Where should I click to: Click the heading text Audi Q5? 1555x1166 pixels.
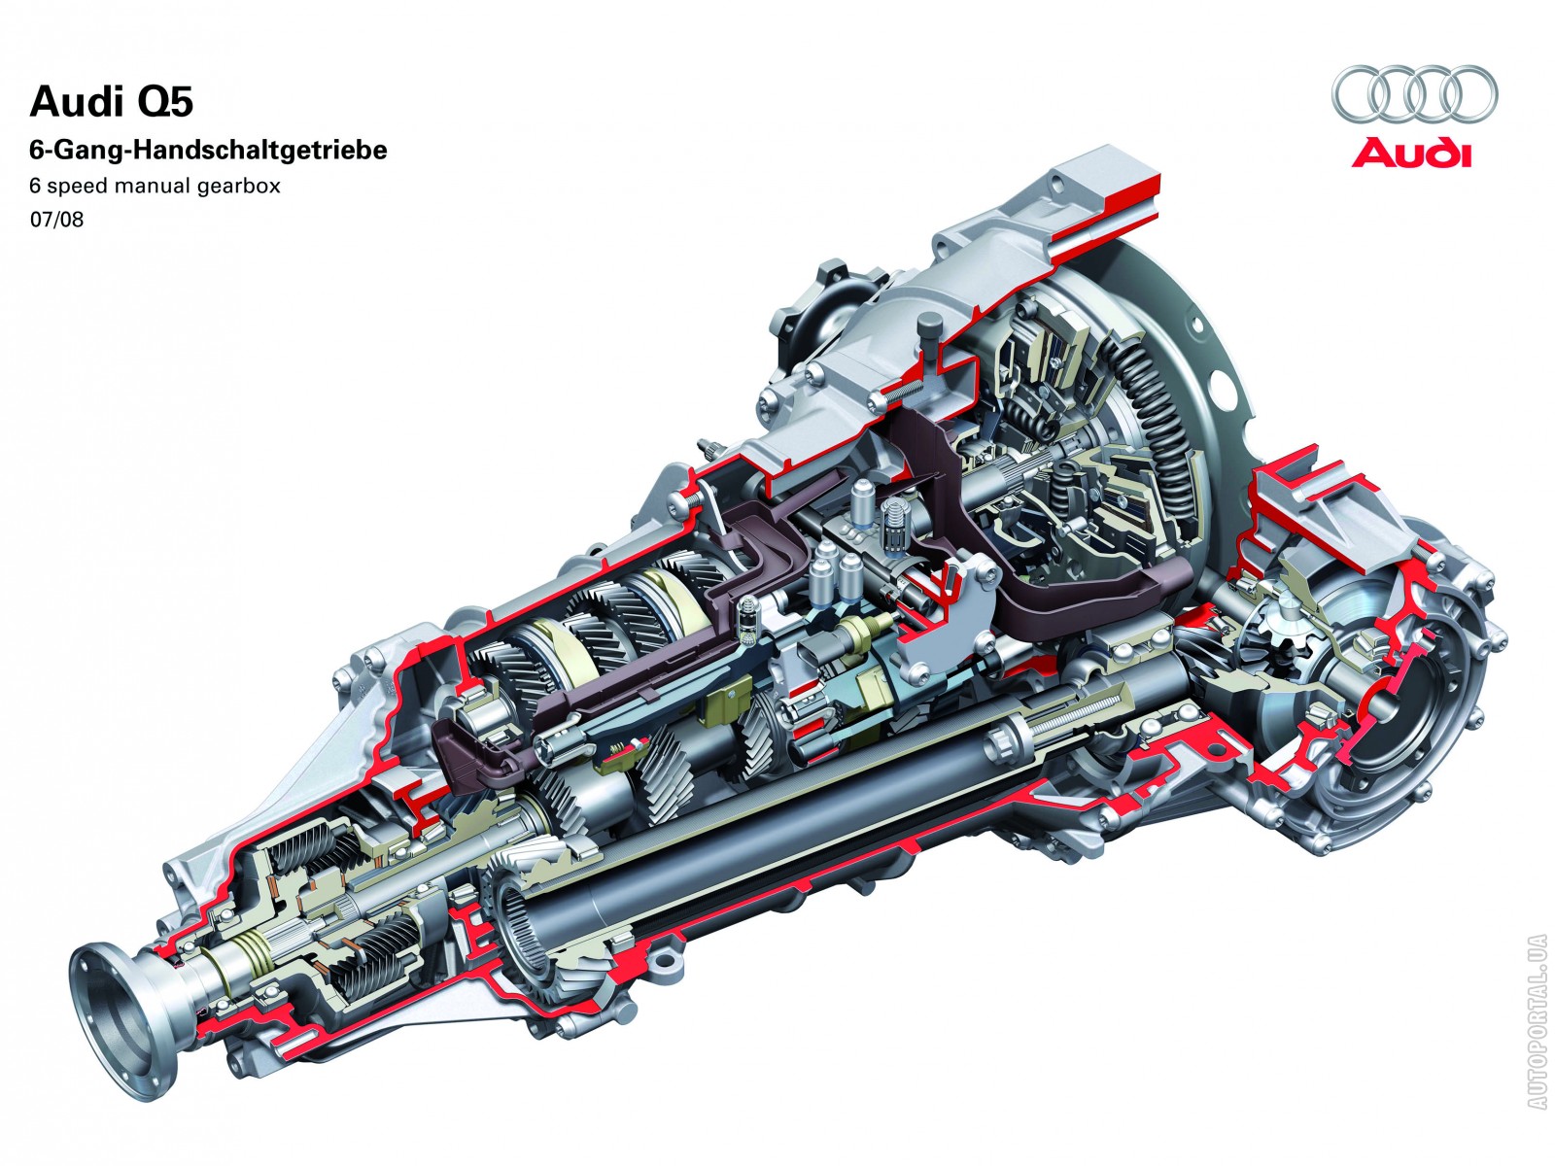pyautogui.click(x=111, y=102)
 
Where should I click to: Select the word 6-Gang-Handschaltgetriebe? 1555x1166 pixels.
pyautogui.click(x=208, y=150)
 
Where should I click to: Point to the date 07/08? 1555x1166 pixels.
pyautogui.click(x=56, y=221)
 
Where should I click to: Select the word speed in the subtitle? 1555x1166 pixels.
pyautogui.click(x=78, y=187)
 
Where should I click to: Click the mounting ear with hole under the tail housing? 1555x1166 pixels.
pyautogui.click(x=665, y=959)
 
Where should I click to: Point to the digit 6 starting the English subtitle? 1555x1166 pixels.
pyautogui.click(x=35, y=187)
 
